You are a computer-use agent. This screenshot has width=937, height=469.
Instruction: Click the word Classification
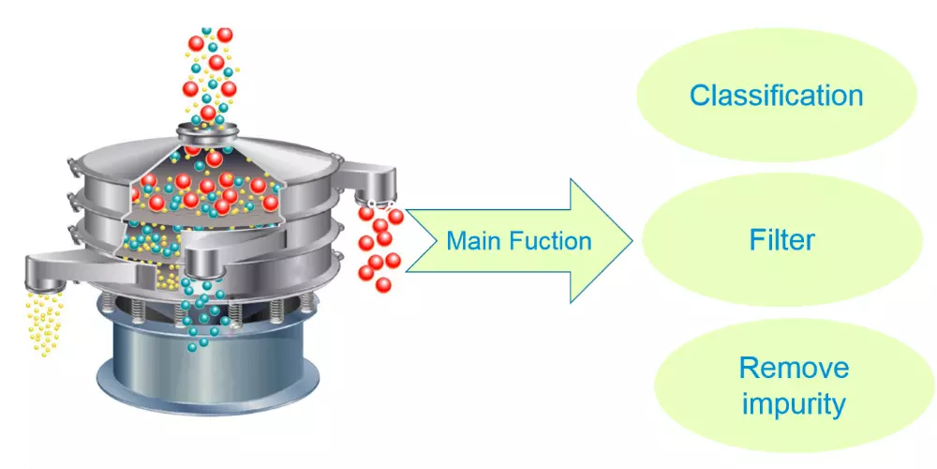click(776, 96)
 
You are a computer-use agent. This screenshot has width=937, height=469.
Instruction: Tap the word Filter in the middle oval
click(781, 240)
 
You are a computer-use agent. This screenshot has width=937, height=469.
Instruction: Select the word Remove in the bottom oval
click(794, 368)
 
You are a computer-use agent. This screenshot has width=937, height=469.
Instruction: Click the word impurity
click(794, 403)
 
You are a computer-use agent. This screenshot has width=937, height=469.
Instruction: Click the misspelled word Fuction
click(550, 240)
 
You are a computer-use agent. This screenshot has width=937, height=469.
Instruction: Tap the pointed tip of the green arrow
click(632, 240)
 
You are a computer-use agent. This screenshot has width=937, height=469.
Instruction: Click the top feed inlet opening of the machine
click(208, 128)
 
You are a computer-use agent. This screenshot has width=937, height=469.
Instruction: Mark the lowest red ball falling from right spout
click(383, 285)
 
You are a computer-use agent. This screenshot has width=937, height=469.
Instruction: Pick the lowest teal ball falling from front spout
click(192, 347)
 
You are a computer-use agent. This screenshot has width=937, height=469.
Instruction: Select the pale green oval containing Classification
click(776, 95)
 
